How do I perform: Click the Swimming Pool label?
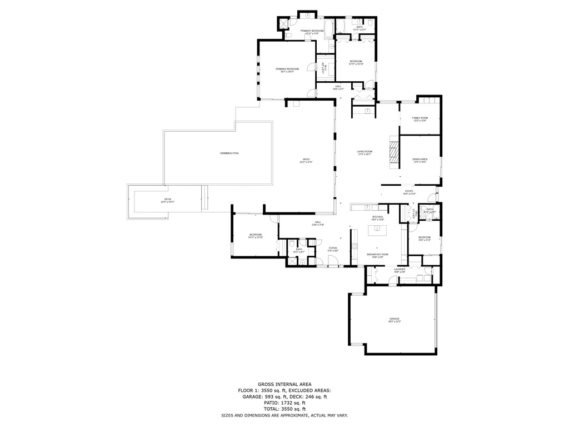point(229,153)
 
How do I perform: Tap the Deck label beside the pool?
point(168,201)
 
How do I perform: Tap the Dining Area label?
point(420,160)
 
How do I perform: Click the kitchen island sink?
point(378,229)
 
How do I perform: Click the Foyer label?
point(333,249)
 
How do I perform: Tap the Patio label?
point(306,161)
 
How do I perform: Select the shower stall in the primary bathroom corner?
point(284,24)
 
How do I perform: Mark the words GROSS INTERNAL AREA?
point(284,384)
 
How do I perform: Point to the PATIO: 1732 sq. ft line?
point(284,403)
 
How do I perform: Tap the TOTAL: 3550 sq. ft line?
point(284,409)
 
